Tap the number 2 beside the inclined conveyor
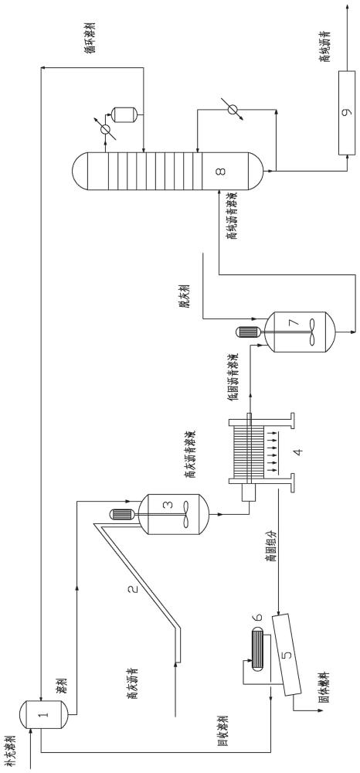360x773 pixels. pyautogui.click(x=133, y=588)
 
